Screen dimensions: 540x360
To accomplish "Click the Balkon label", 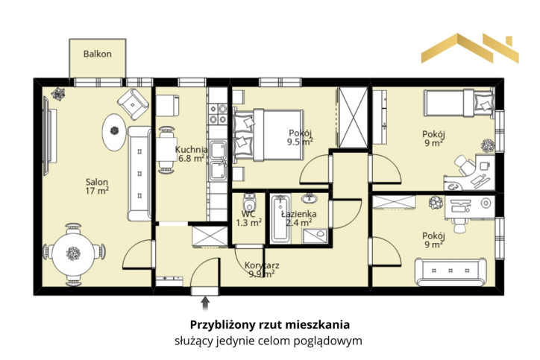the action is pyautogui.click(x=98, y=54).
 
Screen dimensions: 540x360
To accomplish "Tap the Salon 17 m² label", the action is pyautogui.click(x=97, y=186).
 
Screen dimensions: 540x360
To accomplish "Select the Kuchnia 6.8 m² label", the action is pyautogui.click(x=191, y=154).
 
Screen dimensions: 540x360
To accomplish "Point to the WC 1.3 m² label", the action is pyautogui.click(x=248, y=218).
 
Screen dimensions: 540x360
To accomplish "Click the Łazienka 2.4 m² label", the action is pyautogui.click(x=298, y=218).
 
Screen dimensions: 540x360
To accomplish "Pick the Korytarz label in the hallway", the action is pyautogui.click(x=262, y=265).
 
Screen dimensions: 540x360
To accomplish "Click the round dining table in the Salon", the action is pyautogui.click(x=73, y=253).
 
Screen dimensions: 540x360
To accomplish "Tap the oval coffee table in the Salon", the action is pyautogui.click(x=114, y=132).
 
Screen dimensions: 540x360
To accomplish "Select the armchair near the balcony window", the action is pyautogui.click(x=133, y=104).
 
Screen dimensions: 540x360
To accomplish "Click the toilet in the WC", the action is pyautogui.click(x=249, y=202).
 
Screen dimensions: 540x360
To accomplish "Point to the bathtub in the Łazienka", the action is pyautogui.click(x=280, y=218).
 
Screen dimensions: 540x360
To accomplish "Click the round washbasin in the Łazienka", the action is pyautogui.click(x=310, y=198).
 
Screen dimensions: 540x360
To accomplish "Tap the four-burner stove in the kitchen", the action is pyautogui.click(x=218, y=114).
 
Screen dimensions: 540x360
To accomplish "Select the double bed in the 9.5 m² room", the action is pyautogui.click(x=269, y=135).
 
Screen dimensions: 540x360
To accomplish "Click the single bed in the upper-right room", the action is pyautogui.click(x=459, y=103).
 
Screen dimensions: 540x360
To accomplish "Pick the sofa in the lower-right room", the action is pyautogui.click(x=450, y=272).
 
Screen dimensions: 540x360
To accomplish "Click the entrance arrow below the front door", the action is pyautogui.click(x=205, y=303).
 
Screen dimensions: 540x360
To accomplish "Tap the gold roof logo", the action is pyautogui.click(x=470, y=48).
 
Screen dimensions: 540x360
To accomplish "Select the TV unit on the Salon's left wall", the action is pyautogui.click(x=49, y=136).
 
